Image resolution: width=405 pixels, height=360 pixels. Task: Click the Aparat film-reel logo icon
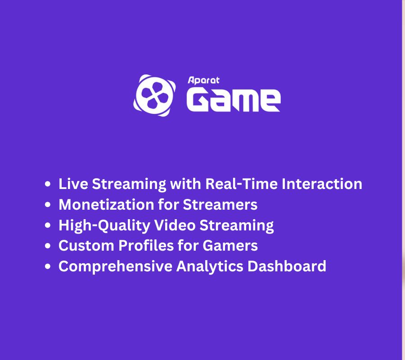click(x=154, y=95)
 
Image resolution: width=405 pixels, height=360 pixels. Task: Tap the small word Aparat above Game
click(x=203, y=80)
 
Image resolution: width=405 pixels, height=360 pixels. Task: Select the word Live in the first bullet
click(x=73, y=184)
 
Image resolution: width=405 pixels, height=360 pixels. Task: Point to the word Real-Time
click(x=241, y=184)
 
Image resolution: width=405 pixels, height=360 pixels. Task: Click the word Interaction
click(x=322, y=184)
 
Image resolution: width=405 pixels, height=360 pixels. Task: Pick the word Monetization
click(x=106, y=205)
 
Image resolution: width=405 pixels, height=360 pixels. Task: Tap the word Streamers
click(x=220, y=205)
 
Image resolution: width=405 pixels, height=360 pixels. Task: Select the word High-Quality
click(x=104, y=225)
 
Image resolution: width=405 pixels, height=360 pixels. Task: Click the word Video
click(x=175, y=225)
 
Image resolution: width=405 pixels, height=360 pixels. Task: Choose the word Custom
click(x=86, y=245)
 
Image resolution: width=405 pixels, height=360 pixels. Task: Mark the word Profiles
click(x=146, y=245)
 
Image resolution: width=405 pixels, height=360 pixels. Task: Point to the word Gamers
click(x=230, y=245)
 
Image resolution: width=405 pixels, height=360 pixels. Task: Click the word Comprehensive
click(x=116, y=266)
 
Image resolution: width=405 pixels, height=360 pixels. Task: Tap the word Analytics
click(x=210, y=266)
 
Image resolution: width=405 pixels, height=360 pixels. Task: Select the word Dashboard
click(x=287, y=266)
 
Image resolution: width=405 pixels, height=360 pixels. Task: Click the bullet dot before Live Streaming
click(x=48, y=184)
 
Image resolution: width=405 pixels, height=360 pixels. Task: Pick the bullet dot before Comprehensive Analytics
click(x=48, y=266)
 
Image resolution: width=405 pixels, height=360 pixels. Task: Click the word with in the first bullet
click(x=185, y=184)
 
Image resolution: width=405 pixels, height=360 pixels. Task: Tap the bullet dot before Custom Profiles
click(x=48, y=246)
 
